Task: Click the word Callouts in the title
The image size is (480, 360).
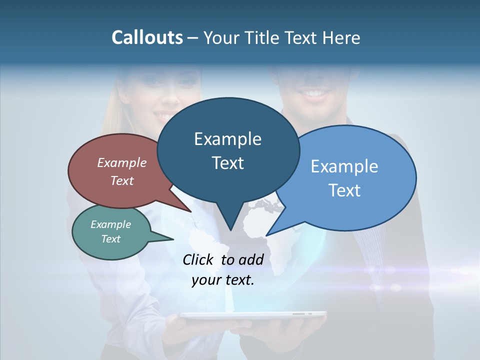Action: click(147, 37)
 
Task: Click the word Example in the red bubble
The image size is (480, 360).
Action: click(121, 162)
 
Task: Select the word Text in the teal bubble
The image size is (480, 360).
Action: click(111, 239)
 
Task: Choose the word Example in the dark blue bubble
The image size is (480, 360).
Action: click(227, 139)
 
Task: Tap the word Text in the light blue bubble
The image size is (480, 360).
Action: click(345, 190)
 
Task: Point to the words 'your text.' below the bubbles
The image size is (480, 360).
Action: click(223, 280)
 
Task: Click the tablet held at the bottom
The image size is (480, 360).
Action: click(252, 315)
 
